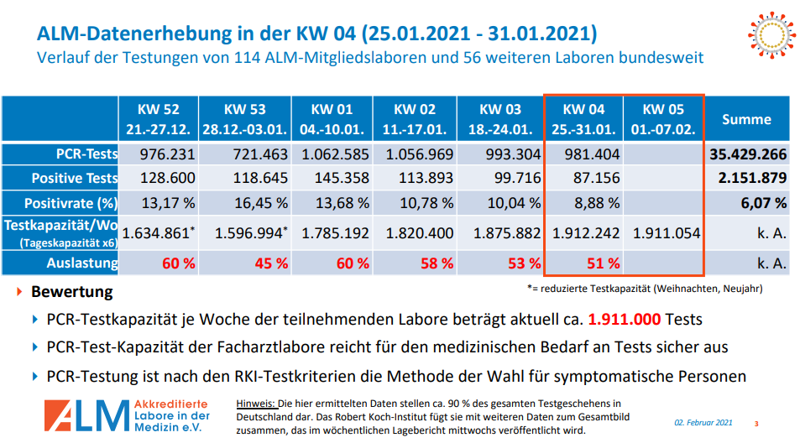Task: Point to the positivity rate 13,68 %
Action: point(335,202)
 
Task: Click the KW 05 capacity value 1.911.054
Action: point(666,233)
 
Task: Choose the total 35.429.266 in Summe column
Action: point(747,154)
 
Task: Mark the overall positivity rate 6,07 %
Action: point(764,202)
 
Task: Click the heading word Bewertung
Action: point(71,293)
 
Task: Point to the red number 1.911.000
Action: point(625,320)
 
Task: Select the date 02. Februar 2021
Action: point(704,422)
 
